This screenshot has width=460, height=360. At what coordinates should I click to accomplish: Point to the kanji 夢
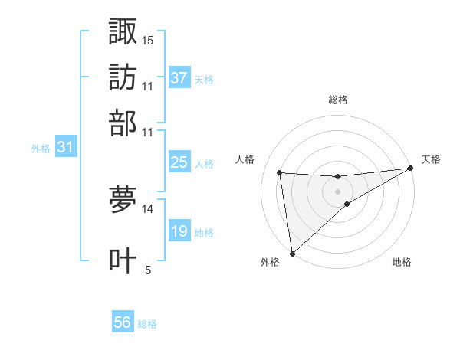coord(123,200)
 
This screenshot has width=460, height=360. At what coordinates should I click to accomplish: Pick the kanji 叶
coord(123,260)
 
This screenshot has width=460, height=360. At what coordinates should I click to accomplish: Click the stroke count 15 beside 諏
coord(148,40)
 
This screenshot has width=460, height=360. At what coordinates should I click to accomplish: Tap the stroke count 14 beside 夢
coord(148,208)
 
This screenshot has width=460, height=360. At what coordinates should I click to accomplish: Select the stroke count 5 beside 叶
coord(148,270)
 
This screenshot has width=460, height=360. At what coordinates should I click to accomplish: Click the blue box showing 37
coord(179,78)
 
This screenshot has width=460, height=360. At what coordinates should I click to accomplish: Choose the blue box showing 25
coord(179,162)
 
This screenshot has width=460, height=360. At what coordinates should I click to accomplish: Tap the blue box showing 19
coord(179,231)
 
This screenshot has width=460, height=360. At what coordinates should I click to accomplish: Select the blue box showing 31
coord(65,148)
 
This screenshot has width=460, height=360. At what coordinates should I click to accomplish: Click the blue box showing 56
coord(123,323)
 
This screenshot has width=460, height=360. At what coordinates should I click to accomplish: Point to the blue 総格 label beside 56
coord(147,324)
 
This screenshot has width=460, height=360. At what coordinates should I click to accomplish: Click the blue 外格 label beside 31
coord(40,149)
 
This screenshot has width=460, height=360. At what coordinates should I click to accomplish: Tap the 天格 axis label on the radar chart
coord(431,159)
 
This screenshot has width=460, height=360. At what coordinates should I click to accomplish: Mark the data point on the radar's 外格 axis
coord(292,254)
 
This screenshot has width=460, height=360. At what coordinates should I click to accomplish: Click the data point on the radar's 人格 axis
coord(280,172)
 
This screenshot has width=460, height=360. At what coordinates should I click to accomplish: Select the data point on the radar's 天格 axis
coord(409,169)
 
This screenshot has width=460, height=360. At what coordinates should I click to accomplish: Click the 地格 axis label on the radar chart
coord(402,262)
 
